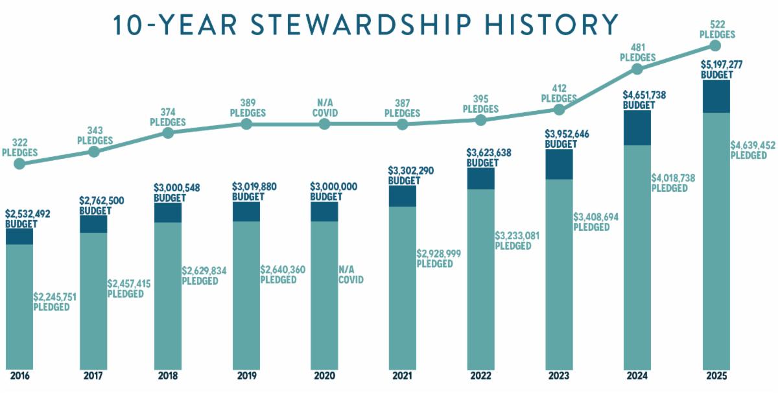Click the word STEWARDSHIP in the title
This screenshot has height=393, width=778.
point(360,25)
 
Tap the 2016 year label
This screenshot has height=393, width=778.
point(20,376)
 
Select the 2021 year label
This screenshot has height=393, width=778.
point(402,376)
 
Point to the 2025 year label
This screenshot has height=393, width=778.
point(716,376)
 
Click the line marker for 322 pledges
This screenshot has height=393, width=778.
point(20,163)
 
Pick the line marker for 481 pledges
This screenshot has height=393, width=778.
point(637,69)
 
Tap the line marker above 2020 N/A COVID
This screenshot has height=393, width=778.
point(324,124)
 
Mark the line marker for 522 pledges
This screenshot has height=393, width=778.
point(715,46)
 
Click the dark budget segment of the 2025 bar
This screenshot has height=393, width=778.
point(716,97)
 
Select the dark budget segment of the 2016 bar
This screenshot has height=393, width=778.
point(19,237)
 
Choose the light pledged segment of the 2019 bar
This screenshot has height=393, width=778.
point(246,295)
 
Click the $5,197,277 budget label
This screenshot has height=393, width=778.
point(722,69)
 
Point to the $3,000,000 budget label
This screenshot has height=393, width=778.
point(333,191)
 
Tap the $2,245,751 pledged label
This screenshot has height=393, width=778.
point(54,302)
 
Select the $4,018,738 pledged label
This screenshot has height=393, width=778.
point(673,183)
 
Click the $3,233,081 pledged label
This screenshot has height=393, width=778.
point(517,241)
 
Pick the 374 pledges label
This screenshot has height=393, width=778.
point(168,117)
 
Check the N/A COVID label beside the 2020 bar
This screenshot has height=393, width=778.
point(351,274)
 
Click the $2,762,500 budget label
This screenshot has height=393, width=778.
point(101,206)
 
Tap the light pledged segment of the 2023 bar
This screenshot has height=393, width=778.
point(559,274)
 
